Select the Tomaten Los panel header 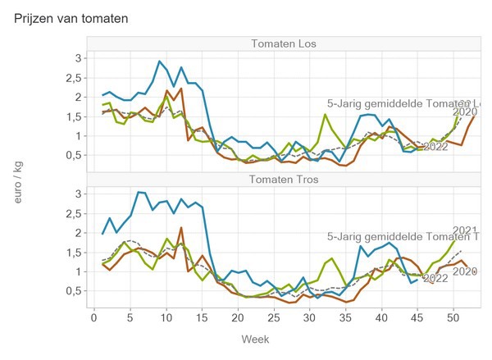[285, 43]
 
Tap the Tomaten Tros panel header [285, 179]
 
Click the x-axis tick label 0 [92, 317]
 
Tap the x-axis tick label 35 [348, 317]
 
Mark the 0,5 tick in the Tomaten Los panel [75, 155]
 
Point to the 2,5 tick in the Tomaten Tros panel [75, 213]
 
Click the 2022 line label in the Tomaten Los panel [435, 148]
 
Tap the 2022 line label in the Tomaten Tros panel [435, 278]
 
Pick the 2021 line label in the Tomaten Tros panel [465, 230]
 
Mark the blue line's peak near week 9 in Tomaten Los [160, 62]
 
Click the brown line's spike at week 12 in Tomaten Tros [181, 228]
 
